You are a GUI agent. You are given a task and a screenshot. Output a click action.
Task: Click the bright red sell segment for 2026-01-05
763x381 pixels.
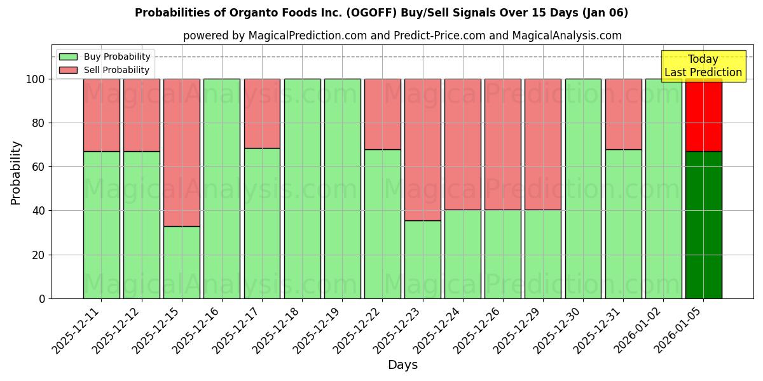703,115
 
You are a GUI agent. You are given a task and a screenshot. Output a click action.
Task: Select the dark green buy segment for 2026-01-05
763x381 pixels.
703,225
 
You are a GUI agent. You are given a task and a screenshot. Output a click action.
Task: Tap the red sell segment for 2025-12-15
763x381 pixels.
182,152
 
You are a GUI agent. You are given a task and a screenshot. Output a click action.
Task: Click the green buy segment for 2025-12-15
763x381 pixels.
182,262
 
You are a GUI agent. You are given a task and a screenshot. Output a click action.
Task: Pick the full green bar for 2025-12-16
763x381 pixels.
222,189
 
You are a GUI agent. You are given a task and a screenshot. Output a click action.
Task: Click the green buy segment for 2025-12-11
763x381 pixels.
102,225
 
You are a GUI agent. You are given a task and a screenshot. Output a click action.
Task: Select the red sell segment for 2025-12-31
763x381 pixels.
623,114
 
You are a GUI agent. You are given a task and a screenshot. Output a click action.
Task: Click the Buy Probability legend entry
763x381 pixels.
105,57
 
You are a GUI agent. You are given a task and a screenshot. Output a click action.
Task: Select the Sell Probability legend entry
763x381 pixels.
105,70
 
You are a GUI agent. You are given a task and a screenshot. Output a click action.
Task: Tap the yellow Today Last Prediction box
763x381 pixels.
703,66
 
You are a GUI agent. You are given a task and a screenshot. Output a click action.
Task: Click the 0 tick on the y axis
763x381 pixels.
42,298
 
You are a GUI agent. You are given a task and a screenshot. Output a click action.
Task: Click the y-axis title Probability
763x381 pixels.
16,173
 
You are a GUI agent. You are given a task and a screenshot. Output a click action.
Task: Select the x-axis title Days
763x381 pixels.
402,365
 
